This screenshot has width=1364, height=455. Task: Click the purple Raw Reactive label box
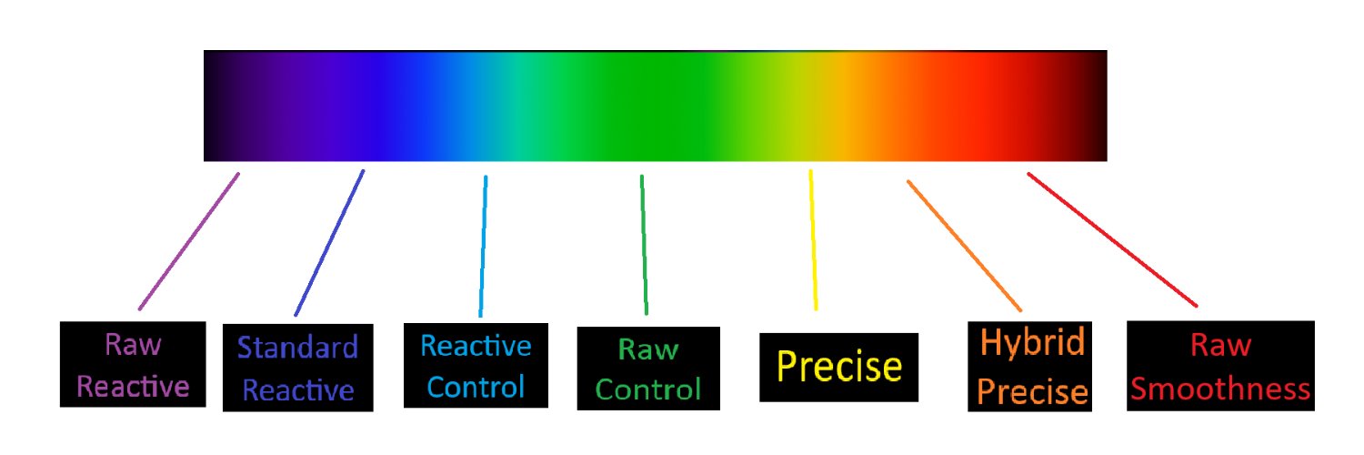(x=133, y=364)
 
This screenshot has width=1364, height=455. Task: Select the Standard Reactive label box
(x=297, y=368)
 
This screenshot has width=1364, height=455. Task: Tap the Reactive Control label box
(x=476, y=366)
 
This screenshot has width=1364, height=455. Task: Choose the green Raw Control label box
(x=648, y=369)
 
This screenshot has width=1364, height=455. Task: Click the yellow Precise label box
(x=838, y=368)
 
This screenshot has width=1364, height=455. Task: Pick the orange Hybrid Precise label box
(x=1029, y=367)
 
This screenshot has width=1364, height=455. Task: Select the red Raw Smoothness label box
(x=1220, y=366)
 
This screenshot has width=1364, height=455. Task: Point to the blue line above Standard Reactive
(x=329, y=243)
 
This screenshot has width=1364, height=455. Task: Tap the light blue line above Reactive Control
(x=483, y=246)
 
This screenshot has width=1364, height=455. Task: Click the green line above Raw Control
(x=644, y=245)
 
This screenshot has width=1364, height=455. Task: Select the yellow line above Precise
(x=813, y=240)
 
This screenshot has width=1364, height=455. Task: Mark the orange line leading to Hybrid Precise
(x=964, y=246)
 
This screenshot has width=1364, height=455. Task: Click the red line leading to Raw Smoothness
(x=1112, y=239)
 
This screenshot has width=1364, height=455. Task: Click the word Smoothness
(x=1220, y=389)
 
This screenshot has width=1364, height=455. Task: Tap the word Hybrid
(x=1033, y=343)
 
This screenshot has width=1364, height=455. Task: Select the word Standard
(x=297, y=348)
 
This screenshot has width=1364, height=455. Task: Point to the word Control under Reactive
(x=476, y=388)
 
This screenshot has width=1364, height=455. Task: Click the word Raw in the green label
(x=647, y=349)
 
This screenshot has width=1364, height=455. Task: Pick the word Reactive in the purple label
(x=133, y=387)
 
